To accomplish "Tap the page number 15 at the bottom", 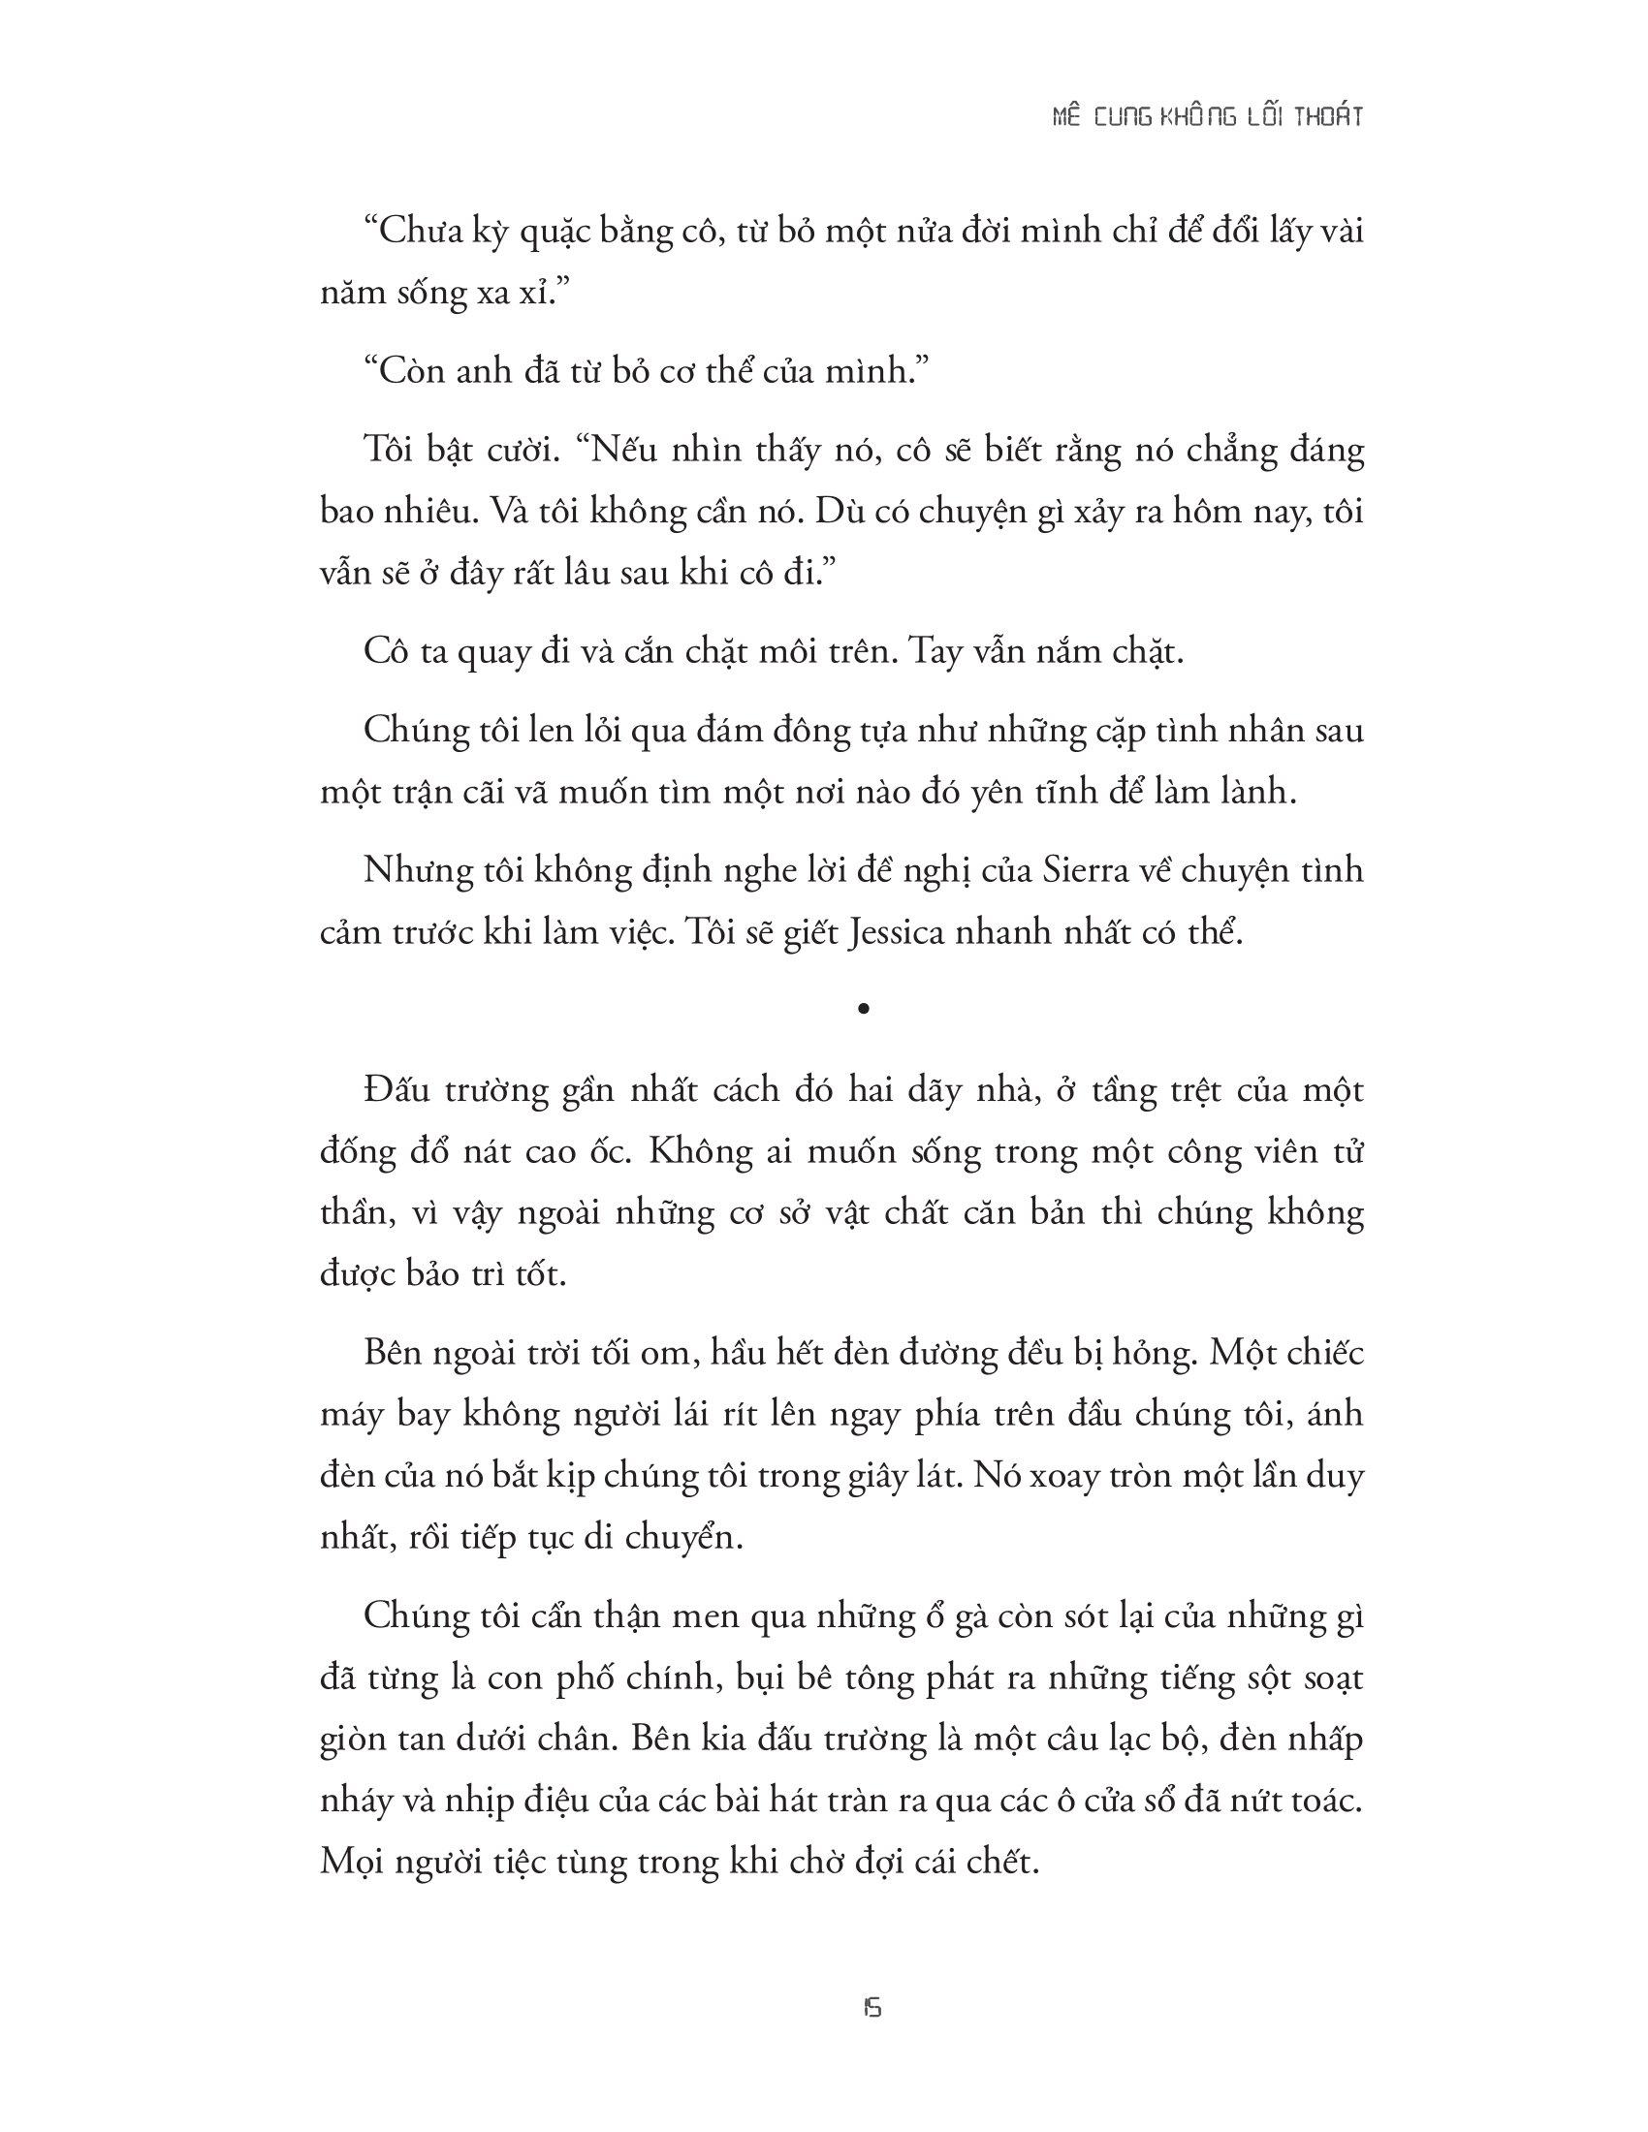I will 872,2008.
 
